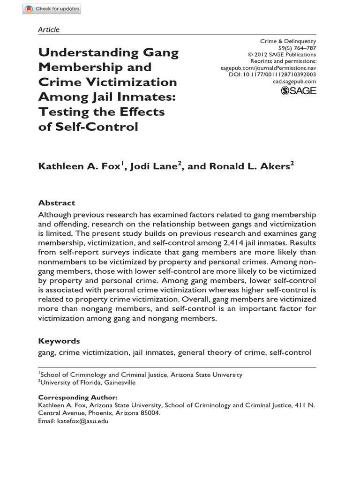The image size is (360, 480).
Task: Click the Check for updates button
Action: [x=52, y=8]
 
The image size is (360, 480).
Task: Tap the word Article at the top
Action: [x=49, y=30]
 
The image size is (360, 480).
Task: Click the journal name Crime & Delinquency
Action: [x=288, y=41]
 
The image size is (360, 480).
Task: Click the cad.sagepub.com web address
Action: [x=294, y=81]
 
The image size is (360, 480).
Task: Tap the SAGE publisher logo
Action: [x=298, y=91]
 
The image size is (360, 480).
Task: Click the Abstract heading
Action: [x=56, y=203]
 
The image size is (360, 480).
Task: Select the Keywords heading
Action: [x=59, y=341]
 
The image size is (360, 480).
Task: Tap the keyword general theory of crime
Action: [x=221, y=352]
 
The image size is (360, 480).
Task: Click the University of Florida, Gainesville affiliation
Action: [x=88, y=382]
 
